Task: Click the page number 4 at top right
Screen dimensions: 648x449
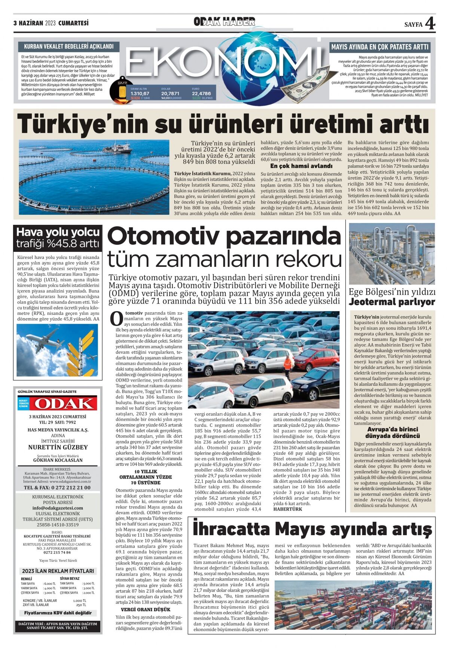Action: pyautogui.click(x=430, y=23)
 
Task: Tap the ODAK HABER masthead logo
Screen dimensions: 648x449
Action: pyautogui.click(x=224, y=22)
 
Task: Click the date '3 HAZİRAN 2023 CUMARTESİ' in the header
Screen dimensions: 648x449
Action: pyautogui.click(x=51, y=23)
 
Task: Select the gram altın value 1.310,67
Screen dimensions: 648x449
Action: pyautogui.click(x=140, y=93)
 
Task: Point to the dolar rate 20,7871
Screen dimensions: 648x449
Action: pyautogui.click(x=170, y=93)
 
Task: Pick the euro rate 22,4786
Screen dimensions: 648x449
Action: pyautogui.click(x=201, y=93)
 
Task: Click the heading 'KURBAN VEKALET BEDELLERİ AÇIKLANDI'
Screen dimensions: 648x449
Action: pyautogui.click(x=69, y=46)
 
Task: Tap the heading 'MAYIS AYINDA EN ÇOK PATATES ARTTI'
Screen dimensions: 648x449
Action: pyautogui.click(x=380, y=47)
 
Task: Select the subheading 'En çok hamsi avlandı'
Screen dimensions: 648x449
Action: pyautogui.click(x=301, y=166)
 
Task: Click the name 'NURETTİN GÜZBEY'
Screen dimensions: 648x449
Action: pyautogui.click(x=58, y=447)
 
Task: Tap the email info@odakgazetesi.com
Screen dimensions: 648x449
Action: pyautogui.click(x=58, y=508)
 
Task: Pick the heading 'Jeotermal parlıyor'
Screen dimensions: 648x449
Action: pyautogui.click(x=392, y=302)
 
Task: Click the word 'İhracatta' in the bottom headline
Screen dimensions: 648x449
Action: pyautogui.click(x=231, y=529)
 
